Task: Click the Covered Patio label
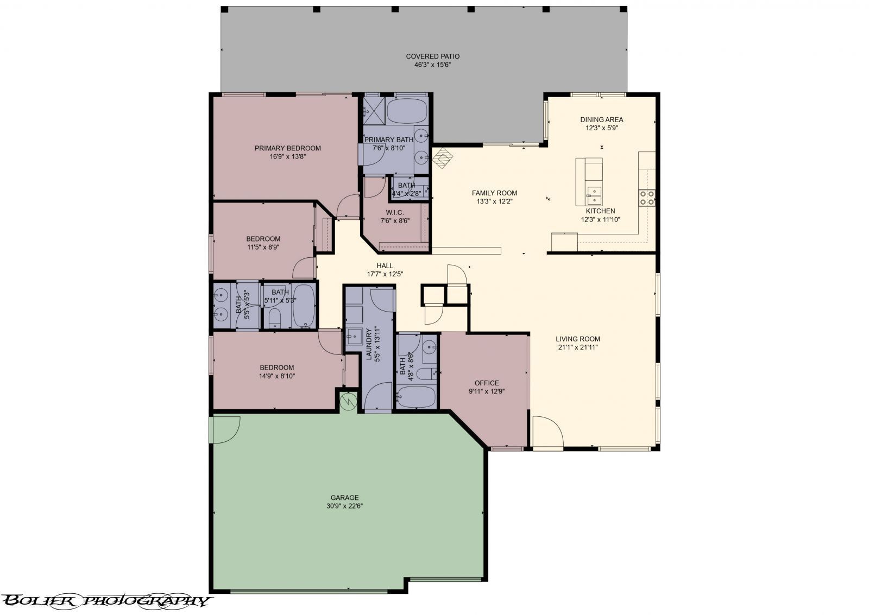click(x=432, y=56)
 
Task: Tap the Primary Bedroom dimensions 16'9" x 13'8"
click(x=288, y=157)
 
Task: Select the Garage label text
click(x=344, y=498)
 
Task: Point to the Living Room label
click(x=578, y=339)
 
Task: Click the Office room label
click(x=487, y=383)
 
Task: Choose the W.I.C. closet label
click(x=395, y=212)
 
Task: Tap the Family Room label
click(x=495, y=193)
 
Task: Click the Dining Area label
click(x=602, y=120)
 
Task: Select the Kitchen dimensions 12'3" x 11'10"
click(x=601, y=219)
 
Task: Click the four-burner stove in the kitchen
click(x=647, y=198)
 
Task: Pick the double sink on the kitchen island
click(x=594, y=196)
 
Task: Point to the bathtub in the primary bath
click(x=407, y=111)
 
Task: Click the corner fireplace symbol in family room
click(x=443, y=158)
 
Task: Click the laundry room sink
click(x=354, y=336)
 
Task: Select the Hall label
click(x=385, y=266)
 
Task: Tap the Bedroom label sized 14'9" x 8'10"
click(x=277, y=367)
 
